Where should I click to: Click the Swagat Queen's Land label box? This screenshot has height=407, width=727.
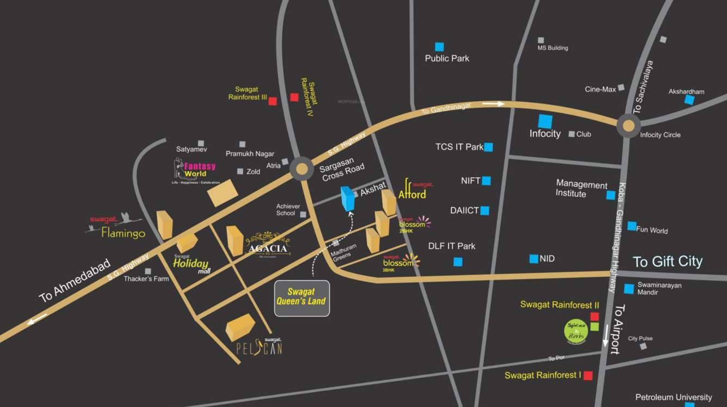tap(301, 297)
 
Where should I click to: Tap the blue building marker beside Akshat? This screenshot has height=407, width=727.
tap(347, 198)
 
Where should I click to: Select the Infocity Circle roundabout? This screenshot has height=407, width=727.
tap(628, 126)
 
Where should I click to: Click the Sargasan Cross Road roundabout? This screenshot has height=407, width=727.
tap(301, 169)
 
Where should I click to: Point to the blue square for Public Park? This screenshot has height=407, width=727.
tap(439, 47)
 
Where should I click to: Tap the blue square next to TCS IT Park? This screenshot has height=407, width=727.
tap(488, 147)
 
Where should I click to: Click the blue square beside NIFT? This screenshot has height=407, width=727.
tap(486, 181)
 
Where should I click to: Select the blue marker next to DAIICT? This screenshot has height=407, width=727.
tap(484, 211)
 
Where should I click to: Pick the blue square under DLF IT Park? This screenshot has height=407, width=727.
tap(458, 262)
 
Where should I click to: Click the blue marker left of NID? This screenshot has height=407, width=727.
tap(533, 259)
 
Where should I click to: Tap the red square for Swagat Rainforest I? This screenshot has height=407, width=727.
tap(588, 375)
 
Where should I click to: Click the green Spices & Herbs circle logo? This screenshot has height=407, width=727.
tap(575, 331)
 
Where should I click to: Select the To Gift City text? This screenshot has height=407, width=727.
tap(667, 262)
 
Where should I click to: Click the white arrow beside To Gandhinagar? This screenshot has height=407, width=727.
tap(494, 104)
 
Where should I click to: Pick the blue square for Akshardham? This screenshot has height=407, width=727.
tap(689, 100)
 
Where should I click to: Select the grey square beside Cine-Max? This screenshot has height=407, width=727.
tap(621, 87)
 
